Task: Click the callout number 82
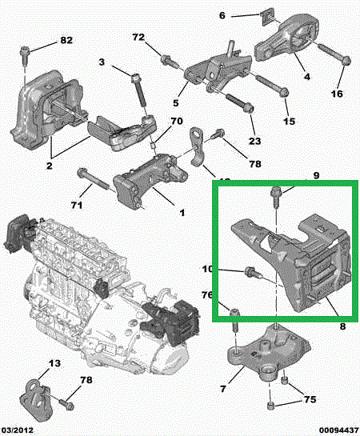coord(66,40)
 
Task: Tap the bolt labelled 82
coord(25,56)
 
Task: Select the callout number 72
coord(138,37)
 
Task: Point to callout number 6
coord(222,15)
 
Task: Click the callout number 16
coord(337,94)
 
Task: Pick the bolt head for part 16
coord(346,61)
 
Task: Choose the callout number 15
coord(289,121)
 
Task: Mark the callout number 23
coord(255,141)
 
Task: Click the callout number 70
coord(177,121)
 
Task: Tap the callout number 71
coord(77,205)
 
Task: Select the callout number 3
coord(102,62)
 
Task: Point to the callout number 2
coord(49,165)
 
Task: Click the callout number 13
coord(54,363)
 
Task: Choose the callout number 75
coord(310,399)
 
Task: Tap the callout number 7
coord(223,389)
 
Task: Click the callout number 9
coord(316,175)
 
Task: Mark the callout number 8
coord(343,327)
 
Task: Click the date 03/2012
coord(17,431)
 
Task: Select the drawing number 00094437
coord(338,431)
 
